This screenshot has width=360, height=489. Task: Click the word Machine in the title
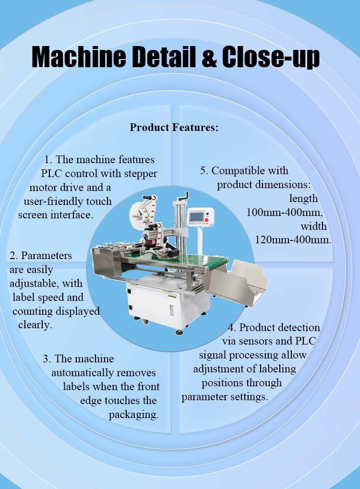pos(79,57)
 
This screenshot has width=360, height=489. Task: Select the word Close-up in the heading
pos(271,58)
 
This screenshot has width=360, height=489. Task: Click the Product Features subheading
pos(174,127)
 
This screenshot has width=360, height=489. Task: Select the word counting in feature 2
pos(33,311)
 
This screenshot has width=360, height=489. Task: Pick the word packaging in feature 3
pos(133,415)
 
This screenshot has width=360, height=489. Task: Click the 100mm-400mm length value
pos(285,213)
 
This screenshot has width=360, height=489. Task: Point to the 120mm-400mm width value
pos(293,240)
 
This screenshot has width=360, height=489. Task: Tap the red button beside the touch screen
pos(206,220)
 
